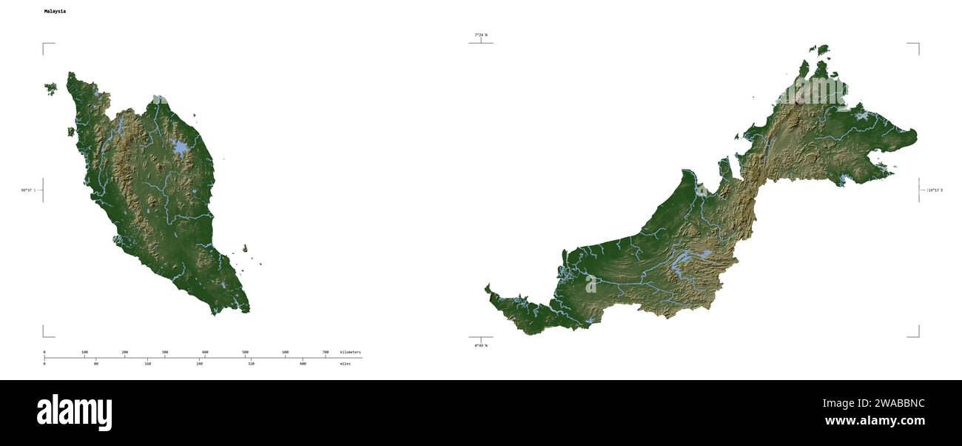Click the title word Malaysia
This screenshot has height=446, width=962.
(55, 12)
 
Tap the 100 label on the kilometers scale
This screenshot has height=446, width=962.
(84, 352)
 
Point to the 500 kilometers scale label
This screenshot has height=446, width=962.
(245, 352)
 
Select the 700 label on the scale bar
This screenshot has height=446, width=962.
(325, 352)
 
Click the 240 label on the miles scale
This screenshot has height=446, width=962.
(200, 364)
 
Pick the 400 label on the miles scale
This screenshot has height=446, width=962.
(303, 364)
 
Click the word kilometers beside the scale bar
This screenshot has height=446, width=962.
(350, 352)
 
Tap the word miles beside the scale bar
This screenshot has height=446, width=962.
(346, 364)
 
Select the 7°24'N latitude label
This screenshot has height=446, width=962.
(481, 35)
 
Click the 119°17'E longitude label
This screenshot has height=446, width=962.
(935, 190)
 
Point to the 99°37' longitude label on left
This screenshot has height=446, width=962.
(30, 190)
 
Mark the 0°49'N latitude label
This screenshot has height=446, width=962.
(481, 345)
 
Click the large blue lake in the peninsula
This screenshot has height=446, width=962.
(180, 148)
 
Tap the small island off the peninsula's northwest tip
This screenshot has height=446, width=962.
(50, 89)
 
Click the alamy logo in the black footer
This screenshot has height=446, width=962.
(74, 413)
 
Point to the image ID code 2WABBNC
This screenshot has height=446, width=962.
(873, 404)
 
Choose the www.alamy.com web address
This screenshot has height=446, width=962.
(875, 422)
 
